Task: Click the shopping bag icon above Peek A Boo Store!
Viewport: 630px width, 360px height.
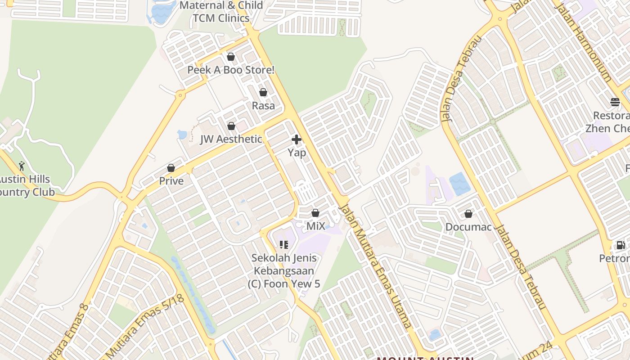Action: tap(231, 57)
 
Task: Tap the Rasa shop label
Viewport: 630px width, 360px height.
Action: tap(263, 106)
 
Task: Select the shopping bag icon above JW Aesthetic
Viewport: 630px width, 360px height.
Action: tap(231, 126)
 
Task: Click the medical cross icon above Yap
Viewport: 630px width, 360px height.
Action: tap(297, 139)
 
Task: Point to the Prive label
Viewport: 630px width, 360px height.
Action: tap(171, 181)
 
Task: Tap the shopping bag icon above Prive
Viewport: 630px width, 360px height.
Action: tap(171, 168)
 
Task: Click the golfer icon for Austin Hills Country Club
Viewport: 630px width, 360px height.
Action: tap(22, 166)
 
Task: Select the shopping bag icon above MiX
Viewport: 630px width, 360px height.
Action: tap(315, 213)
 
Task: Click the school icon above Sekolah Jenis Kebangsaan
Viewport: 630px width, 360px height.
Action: tap(284, 245)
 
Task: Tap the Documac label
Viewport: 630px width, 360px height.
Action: tap(468, 227)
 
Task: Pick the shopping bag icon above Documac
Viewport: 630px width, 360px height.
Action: tap(468, 214)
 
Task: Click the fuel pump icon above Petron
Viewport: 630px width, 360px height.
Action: tap(621, 245)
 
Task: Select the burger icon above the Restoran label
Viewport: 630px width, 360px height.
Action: tap(615, 102)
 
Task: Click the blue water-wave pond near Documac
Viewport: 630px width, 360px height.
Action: tap(460, 184)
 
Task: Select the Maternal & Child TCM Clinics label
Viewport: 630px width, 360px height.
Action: tap(221, 12)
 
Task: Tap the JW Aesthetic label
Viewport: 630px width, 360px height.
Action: tap(231, 139)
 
